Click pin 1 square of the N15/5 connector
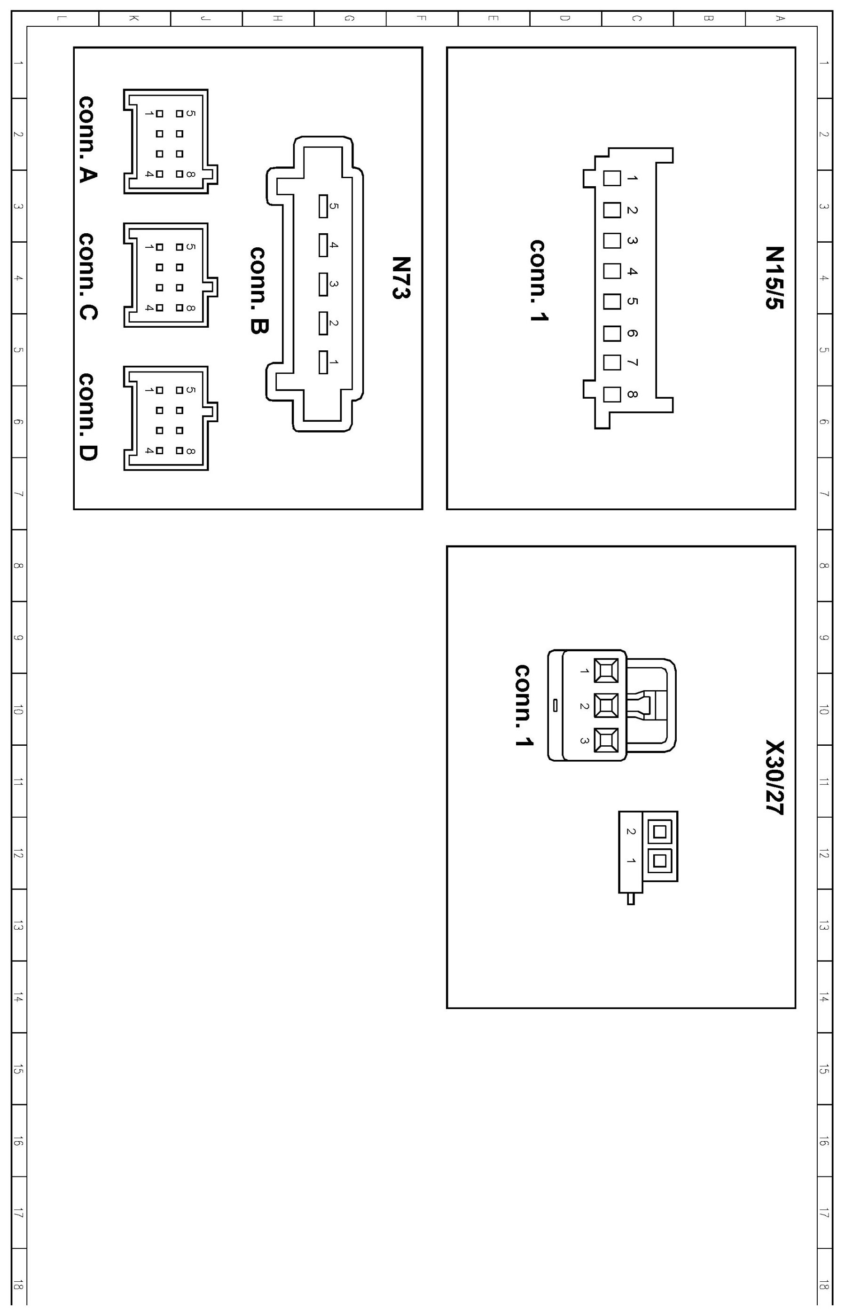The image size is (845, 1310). coord(612,178)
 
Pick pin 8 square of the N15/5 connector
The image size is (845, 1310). coord(612,394)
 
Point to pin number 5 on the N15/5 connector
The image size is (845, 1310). coord(632,301)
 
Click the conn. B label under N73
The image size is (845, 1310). coord(258,291)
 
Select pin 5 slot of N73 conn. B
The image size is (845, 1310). coord(323,206)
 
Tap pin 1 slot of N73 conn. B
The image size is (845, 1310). coord(323,362)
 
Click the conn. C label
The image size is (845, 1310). coord(88,276)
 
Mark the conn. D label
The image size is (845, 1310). coord(88,417)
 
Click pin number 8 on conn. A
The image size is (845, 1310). coord(190,174)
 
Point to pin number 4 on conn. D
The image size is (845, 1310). coord(149,450)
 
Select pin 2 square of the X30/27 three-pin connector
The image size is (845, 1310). coord(606,706)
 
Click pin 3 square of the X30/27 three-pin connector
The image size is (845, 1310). coord(606,740)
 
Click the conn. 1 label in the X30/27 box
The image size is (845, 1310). coord(523,705)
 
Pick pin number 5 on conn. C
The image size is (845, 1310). coord(190,247)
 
